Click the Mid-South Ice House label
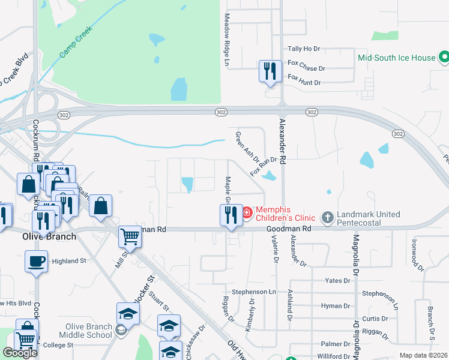tap(396, 58)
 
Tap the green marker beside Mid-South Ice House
tap(444, 58)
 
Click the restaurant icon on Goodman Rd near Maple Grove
tap(231, 215)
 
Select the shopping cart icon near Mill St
tap(130, 236)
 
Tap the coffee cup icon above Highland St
tap(37, 262)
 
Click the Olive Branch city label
tap(49, 236)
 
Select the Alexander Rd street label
tap(283, 143)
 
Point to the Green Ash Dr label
tap(247, 148)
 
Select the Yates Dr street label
tap(337, 280)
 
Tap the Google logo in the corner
tap(20, 353)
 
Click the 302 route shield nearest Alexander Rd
tap(311, 112)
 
